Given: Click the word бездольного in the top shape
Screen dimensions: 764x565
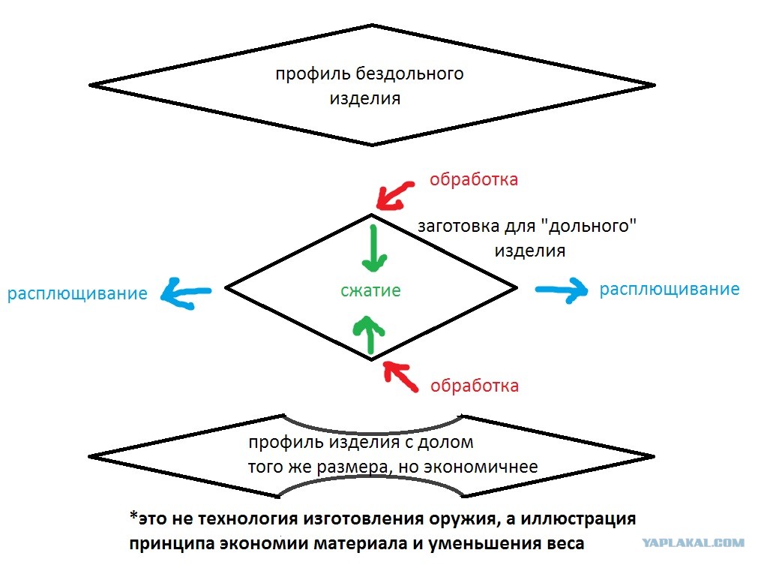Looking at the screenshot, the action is (x=409, y=74).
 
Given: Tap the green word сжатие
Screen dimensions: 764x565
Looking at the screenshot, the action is (x=370, y=290).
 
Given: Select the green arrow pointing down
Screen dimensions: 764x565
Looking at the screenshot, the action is (x=373, y=248).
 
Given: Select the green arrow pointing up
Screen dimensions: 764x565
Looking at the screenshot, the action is (x=370, y=334).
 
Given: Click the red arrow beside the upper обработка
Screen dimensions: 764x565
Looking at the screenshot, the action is (x=395, y=196).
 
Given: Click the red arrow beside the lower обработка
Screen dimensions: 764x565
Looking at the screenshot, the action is (x=400, y=377).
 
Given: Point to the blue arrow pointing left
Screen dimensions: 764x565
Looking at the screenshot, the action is (x=186, y=293).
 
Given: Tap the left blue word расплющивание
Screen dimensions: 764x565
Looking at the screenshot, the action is (x=77, y=293).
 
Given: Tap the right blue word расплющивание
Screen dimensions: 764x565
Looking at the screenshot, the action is (x=670, y=289).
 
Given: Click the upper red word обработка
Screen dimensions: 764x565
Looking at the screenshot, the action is (x=474, y=179).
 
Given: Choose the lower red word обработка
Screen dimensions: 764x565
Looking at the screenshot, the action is (x=475, y=386).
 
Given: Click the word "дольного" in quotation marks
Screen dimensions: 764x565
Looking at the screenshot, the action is (x=588, y=226).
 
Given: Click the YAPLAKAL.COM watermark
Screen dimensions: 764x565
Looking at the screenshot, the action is (x=693, y=542).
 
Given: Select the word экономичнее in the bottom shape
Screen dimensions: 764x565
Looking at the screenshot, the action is (x=481, y=467).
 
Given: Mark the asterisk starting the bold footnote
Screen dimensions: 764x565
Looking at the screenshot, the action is (x=133, y=515).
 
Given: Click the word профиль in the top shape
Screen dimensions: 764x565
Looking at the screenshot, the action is (x=313, y=74).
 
